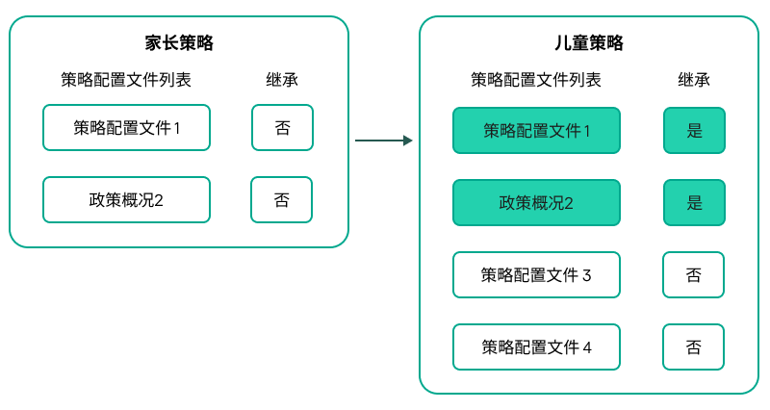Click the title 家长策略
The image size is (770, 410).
click(179, 43)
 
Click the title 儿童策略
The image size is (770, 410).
click(589, 43)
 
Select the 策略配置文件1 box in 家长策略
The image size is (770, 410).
click(126, 128)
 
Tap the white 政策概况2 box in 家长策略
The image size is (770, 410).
click(126, 200)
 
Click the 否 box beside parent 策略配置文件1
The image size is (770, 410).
click(282, 128)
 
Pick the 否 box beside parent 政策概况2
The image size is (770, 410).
click(281, 200)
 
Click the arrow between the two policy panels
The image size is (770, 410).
click(382, 141)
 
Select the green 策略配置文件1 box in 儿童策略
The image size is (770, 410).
click(536, 131)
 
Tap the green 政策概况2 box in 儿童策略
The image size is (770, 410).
click(536, 203)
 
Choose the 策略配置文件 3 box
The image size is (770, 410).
click(536, 275)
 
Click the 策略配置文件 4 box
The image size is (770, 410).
click(536, 347)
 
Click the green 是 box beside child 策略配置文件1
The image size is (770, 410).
click(694, 131)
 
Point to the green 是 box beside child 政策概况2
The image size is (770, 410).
click(694, 203)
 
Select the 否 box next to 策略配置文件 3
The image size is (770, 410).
click(693, 275)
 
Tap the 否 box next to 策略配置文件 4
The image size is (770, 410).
click(693, 347)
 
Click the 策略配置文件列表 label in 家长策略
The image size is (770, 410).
click(125, 80)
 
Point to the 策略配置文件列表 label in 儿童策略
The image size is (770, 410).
click(536, 80)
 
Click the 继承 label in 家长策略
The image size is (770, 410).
click(282, 80)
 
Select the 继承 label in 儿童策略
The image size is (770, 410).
click(694, 80)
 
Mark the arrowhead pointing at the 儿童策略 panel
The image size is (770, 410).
click(408, 141)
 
